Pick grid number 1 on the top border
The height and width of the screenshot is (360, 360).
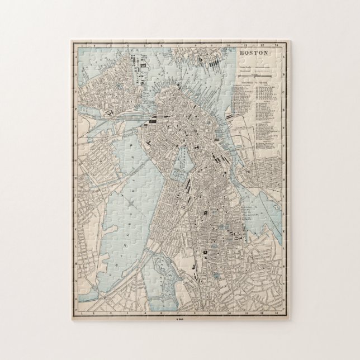[x=82, y=43]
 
